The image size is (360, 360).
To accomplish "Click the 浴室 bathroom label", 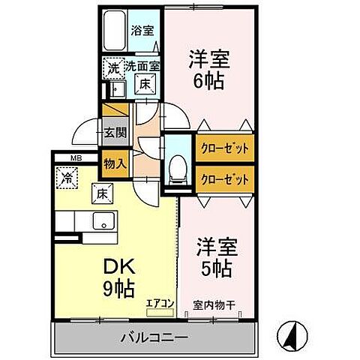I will [142, 32].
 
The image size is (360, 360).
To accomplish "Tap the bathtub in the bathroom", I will [114, 32].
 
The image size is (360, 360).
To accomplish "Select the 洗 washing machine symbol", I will [112, 67].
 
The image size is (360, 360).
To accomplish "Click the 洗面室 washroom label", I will [142, 67].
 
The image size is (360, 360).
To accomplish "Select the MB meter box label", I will [76, 157].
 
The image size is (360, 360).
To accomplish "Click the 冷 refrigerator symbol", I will [67, 178].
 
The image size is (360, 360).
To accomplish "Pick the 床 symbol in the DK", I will [101, 193].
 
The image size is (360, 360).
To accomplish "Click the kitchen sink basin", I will [103, 221].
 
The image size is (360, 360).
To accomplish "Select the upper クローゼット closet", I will [223, 148].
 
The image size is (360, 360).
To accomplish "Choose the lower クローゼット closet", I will [223, 179].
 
